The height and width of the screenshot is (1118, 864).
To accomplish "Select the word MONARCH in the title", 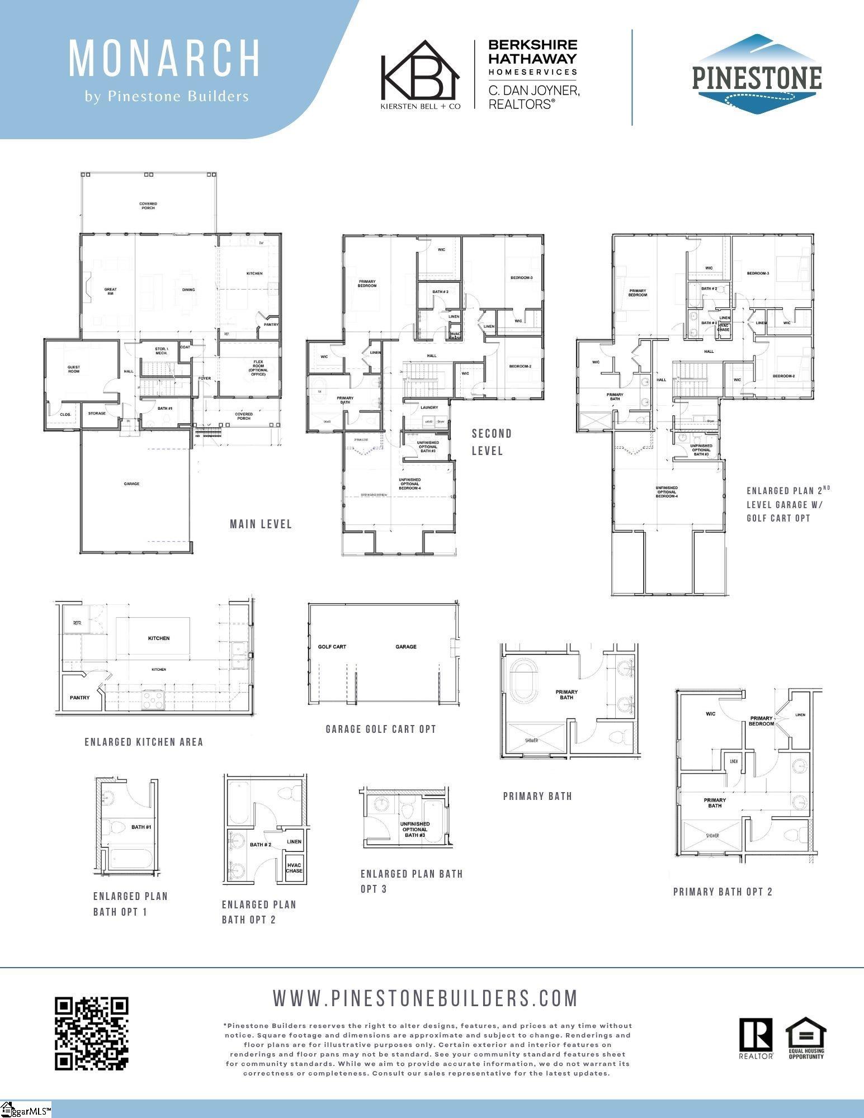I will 164,58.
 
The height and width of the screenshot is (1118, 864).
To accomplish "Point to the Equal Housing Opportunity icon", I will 806,1038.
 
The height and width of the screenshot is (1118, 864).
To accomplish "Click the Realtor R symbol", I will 756,1035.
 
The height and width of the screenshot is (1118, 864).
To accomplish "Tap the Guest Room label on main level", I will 74,369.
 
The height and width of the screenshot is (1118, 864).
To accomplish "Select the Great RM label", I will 110,291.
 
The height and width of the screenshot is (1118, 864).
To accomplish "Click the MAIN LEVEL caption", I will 261,524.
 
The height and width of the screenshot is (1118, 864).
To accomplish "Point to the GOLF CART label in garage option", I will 332,647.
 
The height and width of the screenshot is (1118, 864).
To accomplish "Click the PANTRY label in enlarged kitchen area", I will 79,698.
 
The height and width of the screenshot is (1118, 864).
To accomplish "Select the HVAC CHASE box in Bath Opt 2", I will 294,868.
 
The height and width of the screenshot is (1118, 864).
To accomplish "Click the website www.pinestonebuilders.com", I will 425,997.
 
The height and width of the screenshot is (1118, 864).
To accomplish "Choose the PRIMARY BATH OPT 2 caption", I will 723,892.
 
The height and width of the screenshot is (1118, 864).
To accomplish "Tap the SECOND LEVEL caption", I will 491,442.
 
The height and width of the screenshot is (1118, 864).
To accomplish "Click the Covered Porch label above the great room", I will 148,206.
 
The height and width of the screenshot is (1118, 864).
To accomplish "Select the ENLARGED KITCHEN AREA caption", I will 144,742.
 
